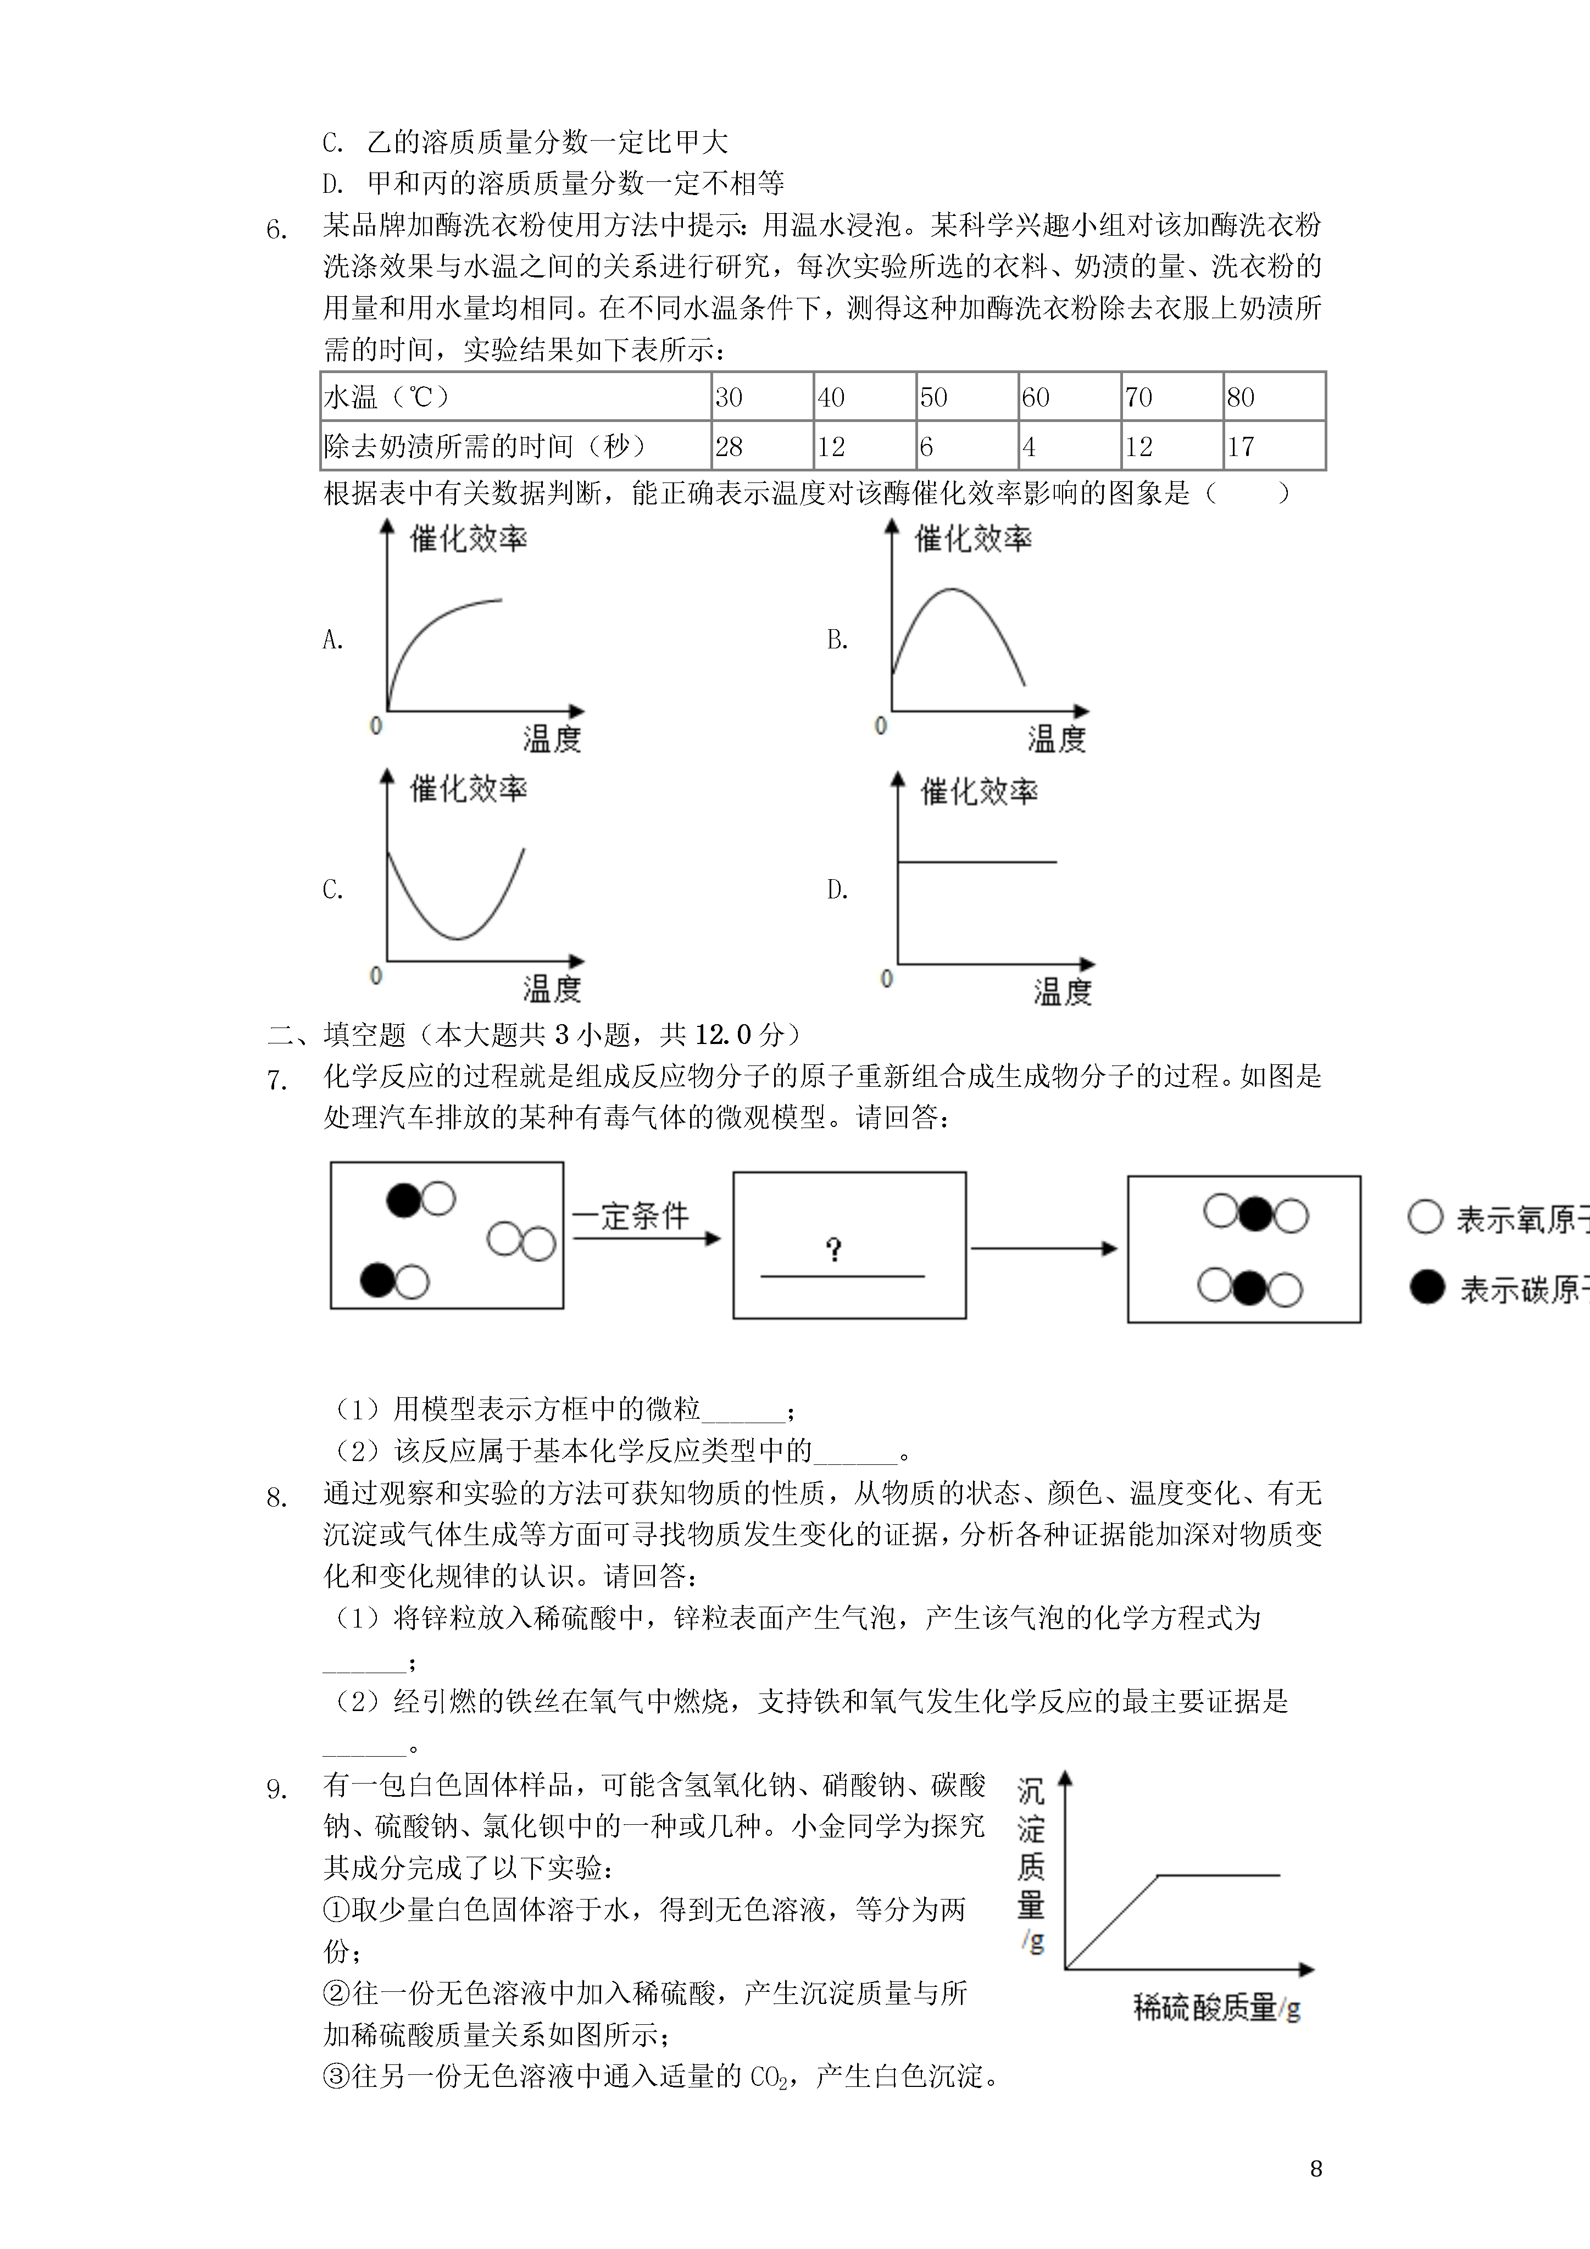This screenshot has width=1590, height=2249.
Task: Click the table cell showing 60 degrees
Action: [x=1069, y=397]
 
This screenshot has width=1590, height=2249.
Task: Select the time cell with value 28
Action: [x=761, y=447]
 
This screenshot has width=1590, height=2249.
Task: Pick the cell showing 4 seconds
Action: [x=1069, y=447]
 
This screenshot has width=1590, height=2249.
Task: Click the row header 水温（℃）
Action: [x=515, y=397]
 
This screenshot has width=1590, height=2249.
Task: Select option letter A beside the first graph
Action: [x=333, y=640]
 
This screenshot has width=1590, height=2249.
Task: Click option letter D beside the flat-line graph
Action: [x=838, y=890]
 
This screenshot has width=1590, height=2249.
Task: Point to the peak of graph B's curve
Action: [x=951, y=590]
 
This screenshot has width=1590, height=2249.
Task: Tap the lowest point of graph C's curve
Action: [x=458, y=939]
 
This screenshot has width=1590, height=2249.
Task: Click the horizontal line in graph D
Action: [x=977, y=862]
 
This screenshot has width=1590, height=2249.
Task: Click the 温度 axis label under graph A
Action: [x=552, y=738]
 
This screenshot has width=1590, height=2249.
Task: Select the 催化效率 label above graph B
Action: [x=973, y=538]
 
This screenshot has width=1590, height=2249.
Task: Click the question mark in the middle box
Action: [x=833, y=1249]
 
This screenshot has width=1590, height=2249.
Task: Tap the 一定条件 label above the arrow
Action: [x=630, y=1215]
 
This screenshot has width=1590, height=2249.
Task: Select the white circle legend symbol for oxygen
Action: [x=1425, y=1218]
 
